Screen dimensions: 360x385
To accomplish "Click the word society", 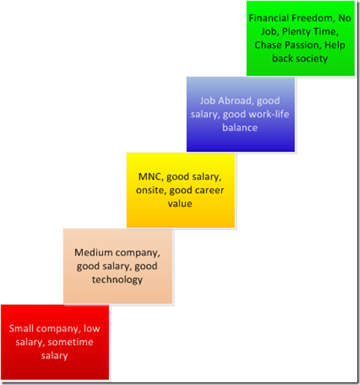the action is point(312,59).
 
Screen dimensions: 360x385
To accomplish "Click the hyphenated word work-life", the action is point(269,114).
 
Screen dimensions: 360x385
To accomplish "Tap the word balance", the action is point(240,128).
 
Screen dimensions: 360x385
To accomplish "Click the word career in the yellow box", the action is point(211,190).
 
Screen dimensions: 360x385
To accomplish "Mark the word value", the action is point(180,204).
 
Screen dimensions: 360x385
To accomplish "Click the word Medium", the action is point(94,253).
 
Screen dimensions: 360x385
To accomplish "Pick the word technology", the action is point(117,280).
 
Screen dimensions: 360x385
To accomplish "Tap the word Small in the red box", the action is point(21,328).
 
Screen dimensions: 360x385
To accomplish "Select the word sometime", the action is point(70,342).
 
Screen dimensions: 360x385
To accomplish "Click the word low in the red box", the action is point(92,328).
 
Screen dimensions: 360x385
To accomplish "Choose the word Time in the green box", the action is point(326,32).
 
